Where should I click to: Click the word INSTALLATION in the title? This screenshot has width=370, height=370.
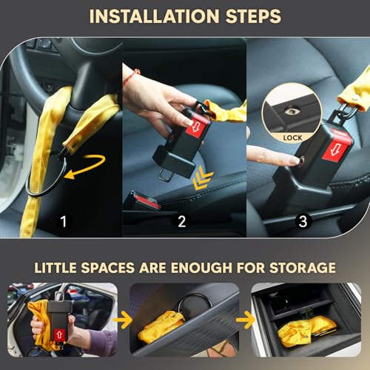(x=154, y=16)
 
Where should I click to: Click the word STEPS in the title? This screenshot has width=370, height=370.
(x=253, y=16)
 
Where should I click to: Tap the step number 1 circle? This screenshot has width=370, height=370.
(x=64, y=221)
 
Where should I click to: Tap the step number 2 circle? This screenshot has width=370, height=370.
(x=182, y=221)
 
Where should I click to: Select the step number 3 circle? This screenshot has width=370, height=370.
(x=303, y=221)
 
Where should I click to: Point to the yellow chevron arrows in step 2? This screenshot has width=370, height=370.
(x=202, y=178)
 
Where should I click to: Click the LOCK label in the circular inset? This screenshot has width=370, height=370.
(x=292, y=138)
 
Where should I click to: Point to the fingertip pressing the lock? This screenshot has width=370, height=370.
(x=294, y=161)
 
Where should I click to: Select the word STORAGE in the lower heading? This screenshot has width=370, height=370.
(x=303, y=268)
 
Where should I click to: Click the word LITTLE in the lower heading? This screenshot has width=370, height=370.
(x=55, y=268)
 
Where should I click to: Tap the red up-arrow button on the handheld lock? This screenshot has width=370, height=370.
(x=59, y=334)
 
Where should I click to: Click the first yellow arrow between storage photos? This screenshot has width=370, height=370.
(x=123, y=320)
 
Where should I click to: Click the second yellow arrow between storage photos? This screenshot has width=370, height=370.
(x=246, y=320)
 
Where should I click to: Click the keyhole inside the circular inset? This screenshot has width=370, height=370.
(x=291, y=112)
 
